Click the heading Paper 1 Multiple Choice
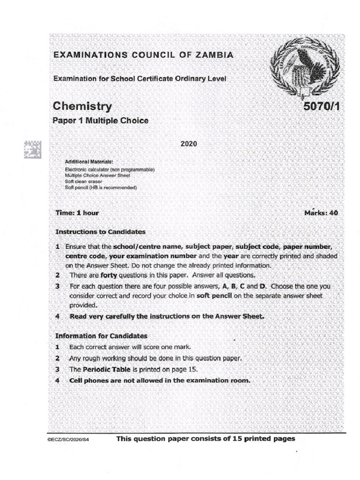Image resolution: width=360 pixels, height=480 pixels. [100, 121]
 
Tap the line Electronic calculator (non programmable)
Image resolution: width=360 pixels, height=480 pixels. [110, 169]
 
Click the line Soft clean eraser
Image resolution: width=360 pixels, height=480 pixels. [84, 181]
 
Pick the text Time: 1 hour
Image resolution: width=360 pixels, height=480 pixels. [77, 213]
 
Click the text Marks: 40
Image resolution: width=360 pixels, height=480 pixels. [321, 213]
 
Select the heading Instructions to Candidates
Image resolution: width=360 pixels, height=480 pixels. [100, 232]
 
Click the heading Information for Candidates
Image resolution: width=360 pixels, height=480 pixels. [101, 336]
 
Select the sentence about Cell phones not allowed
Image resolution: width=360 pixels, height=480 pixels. [160, 380]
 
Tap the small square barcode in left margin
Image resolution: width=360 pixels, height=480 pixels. [33, 150]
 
